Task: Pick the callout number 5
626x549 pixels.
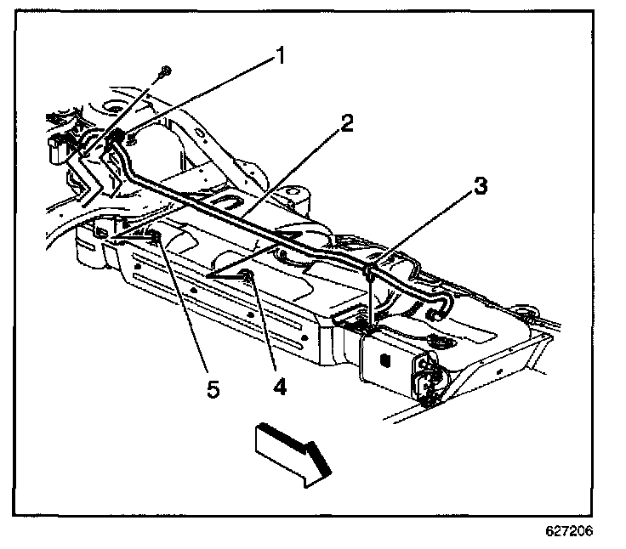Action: (x=213, y=388)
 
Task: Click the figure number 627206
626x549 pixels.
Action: (x=567, y=529)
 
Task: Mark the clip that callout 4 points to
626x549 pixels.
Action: (x=245, y=274)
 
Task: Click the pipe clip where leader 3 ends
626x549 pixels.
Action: (x=371, y=272)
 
